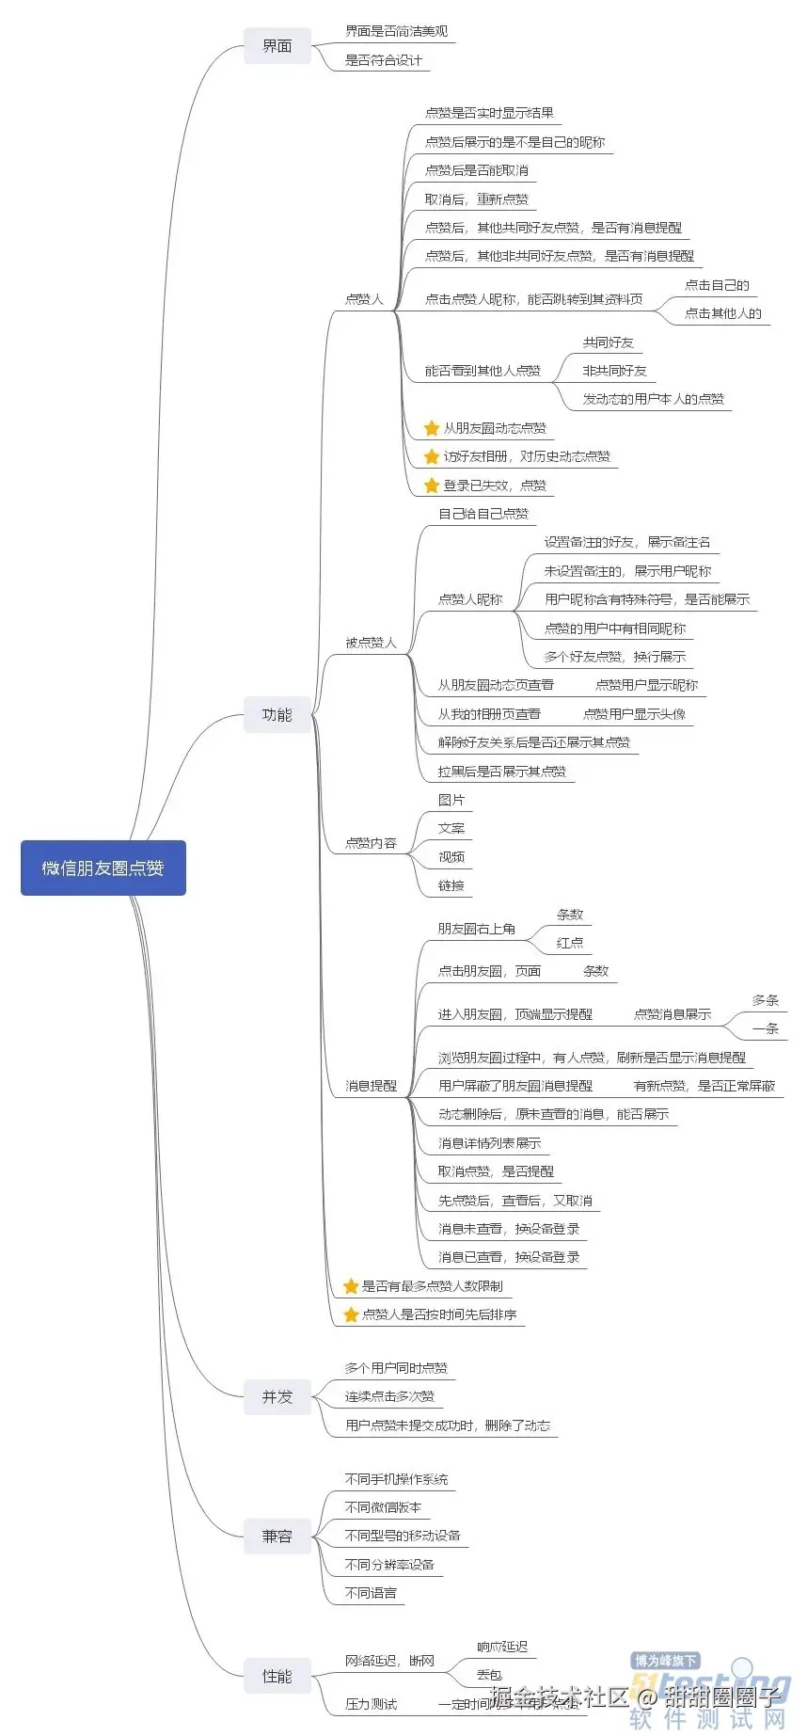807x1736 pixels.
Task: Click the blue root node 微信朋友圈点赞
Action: click(103, 868)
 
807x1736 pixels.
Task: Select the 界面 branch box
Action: click(277, 46)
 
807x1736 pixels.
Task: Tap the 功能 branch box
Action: click(277, 715)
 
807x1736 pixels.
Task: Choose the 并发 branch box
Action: click(277, 1397)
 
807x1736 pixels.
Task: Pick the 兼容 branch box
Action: click(277, 1537)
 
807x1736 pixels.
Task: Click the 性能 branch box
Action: click(277, 1676)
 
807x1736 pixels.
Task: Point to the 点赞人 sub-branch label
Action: click(364, 299)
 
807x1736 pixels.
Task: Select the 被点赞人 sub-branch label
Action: click(371, 643)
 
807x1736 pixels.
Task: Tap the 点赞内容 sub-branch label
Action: click(371, 843)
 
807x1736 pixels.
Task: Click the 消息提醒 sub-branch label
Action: click(371, 1086)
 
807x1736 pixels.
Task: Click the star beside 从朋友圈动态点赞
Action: click(432, 428)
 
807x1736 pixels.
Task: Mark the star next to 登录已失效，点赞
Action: click(432, 486)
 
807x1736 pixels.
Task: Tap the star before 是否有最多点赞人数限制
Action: click(351, 1286)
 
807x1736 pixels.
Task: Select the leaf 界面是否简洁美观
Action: click(396, 32)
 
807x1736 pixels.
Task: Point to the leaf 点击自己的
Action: click(717, 285)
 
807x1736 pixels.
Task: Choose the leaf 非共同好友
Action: click(614, 371)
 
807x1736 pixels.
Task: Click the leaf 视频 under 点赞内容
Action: click(451, 857)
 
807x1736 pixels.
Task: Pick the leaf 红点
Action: click(570, 943)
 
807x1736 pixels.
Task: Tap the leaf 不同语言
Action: click(371, 1593)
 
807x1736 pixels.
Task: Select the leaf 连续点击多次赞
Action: click(389, 1396)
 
